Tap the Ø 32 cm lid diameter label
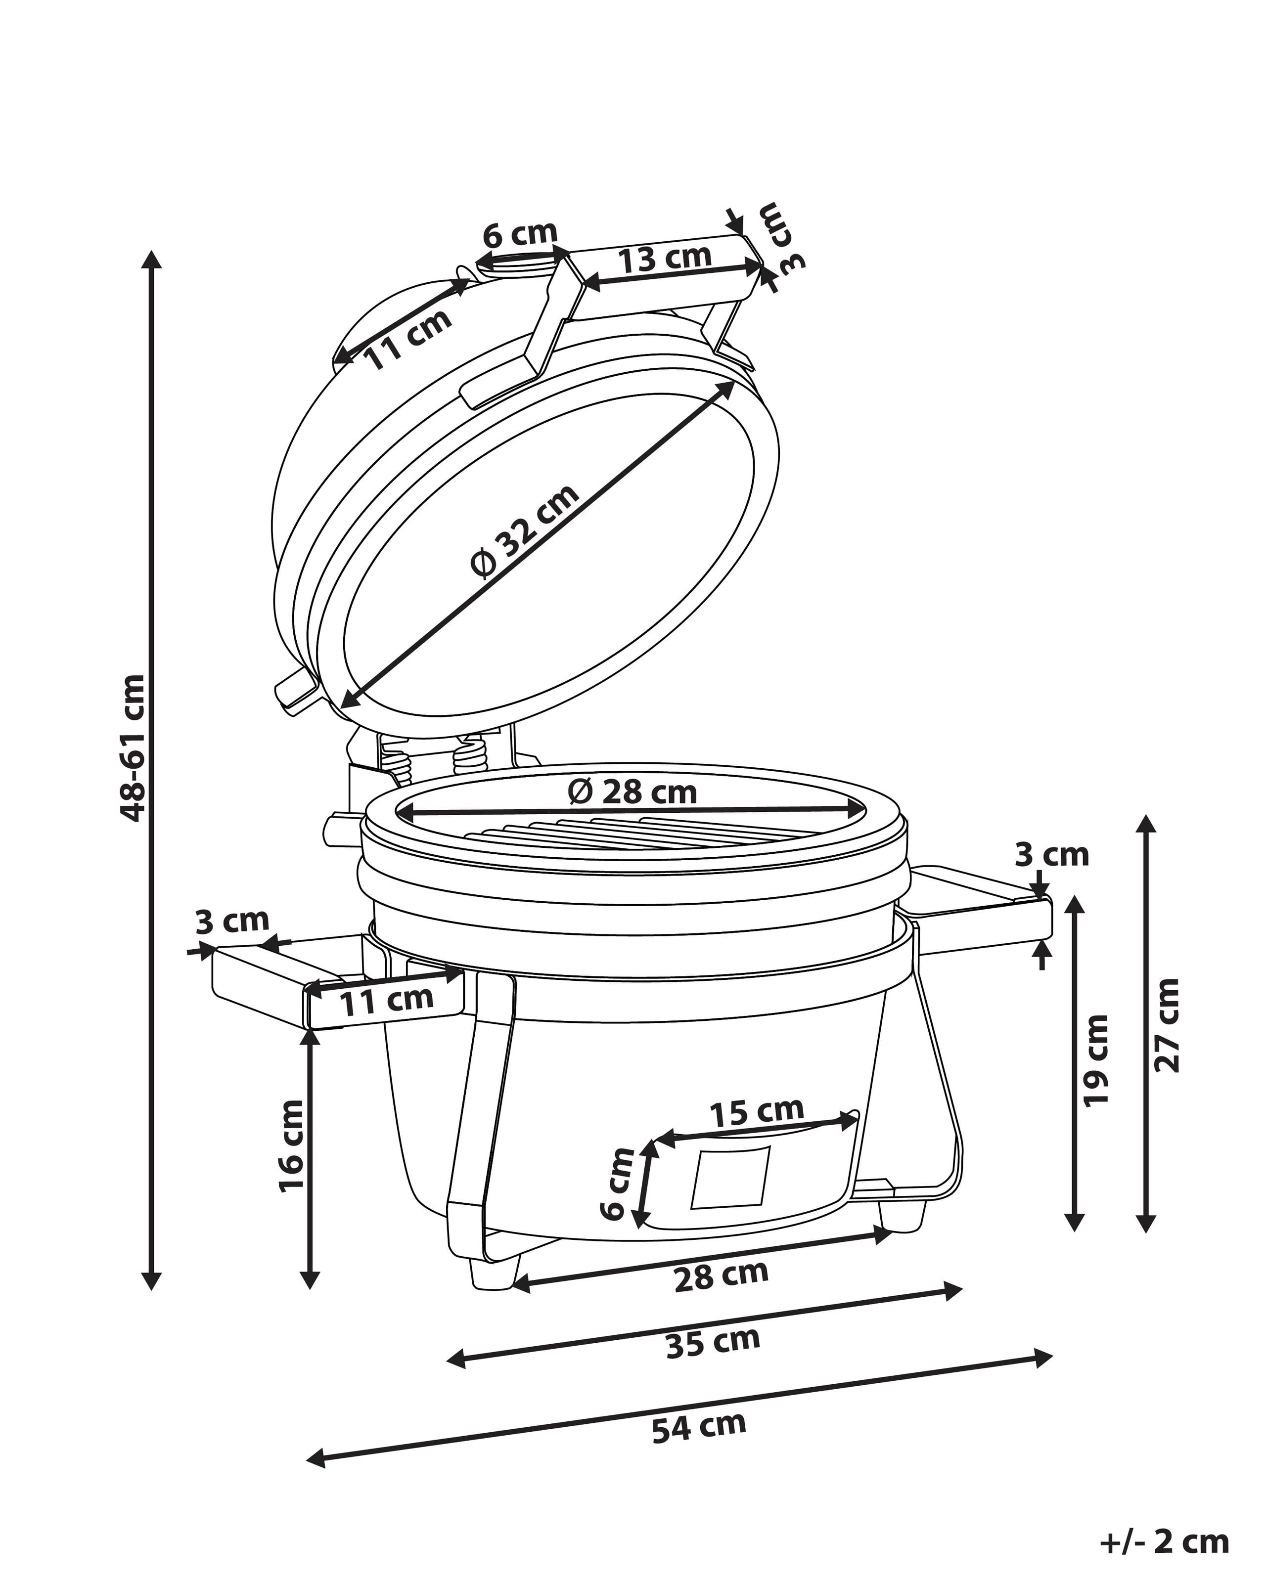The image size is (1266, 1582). [x=525, y=532]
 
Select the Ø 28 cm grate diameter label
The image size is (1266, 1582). [x=633, y=791]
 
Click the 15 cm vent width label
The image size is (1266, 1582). [x=757, y=1111]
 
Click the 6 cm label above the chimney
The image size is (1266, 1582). [x=520, y=233]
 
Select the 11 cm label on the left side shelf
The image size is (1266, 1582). [x=386, y=1002]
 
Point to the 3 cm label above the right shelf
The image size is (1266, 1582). [x=1052, y=855]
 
